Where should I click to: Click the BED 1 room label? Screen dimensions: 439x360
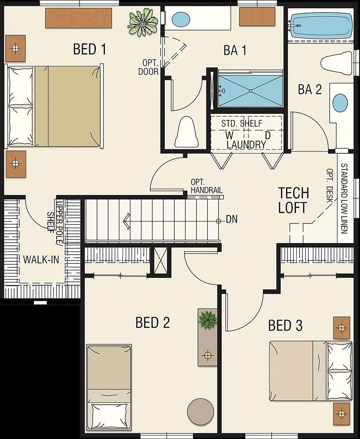90,49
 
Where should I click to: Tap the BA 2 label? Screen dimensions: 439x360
310,90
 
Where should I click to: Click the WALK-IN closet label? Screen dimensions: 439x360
41,259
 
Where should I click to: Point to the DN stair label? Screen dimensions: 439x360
231,219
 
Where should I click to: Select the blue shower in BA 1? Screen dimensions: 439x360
250,90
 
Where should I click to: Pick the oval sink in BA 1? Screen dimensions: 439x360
180,19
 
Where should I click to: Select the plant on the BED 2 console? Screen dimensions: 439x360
207,320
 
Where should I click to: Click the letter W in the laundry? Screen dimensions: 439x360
229,135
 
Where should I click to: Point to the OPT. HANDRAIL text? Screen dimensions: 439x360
206,186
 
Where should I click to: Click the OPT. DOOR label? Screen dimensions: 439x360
148,67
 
